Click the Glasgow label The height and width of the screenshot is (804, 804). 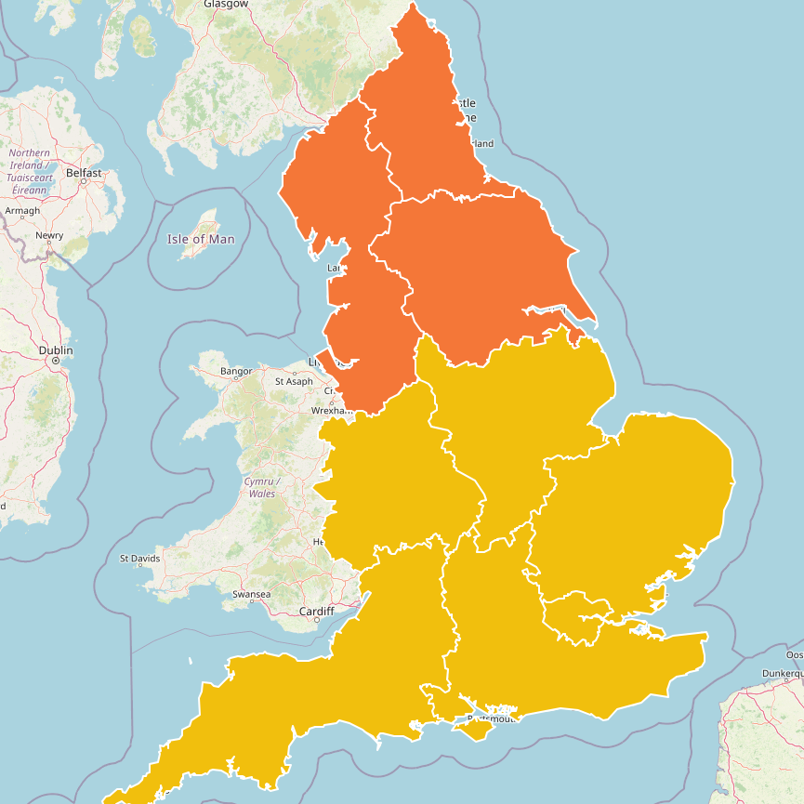tap(226, 4)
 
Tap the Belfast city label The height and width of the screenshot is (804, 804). tap(84, 173)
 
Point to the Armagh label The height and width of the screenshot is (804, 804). tap(22, 211)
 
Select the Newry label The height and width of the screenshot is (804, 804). tap(49, 235)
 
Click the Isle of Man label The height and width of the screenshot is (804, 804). tap(201, 239)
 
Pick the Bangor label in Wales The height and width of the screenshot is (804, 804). tap(236, 372)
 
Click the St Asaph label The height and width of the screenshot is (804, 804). tap(294, 381)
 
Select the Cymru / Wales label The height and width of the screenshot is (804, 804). tap(261, 487)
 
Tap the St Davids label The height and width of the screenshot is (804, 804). tap(140, 559)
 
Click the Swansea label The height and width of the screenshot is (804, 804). tap(251, 594)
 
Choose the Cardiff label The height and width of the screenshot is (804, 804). tap(316, 611)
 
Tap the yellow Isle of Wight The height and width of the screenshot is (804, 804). tap(479, 731)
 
